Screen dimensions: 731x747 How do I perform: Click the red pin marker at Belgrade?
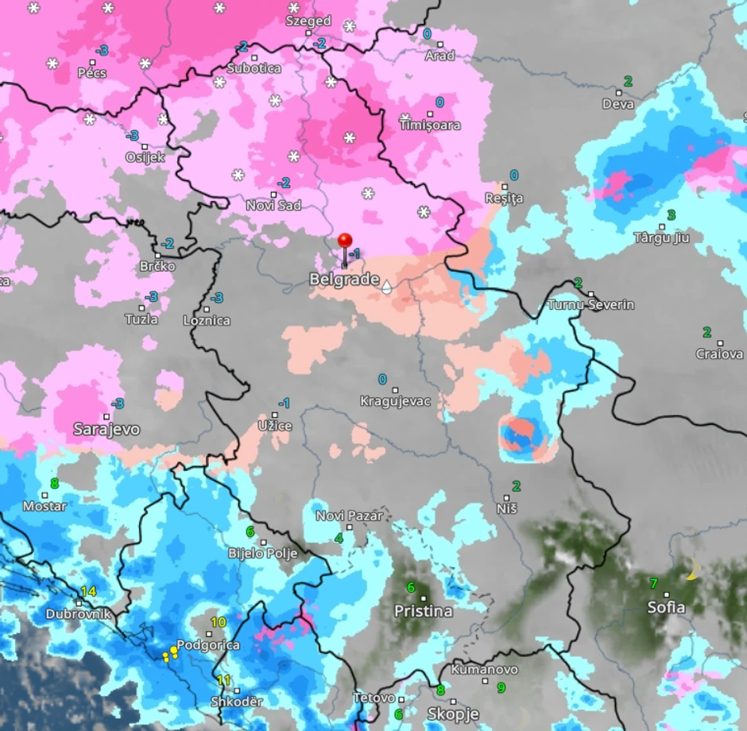click(345, 242)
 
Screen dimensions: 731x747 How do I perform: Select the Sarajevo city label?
click(106, 429)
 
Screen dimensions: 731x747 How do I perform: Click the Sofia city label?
click(666, 608)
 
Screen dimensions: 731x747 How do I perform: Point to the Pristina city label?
click(424, 611)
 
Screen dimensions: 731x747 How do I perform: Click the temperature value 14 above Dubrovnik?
click(87, 591)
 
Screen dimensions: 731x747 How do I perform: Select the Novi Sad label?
click(273, 206)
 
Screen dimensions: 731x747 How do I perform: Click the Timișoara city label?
click(429, 125)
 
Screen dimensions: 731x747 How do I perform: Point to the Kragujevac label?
click(395, 401)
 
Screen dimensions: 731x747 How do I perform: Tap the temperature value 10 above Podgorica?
click(218, 622)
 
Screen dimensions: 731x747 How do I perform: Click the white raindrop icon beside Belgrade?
click(386, 287)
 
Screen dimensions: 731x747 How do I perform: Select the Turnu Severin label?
click(590, 305)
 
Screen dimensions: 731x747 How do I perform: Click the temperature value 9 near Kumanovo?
click(501, 688)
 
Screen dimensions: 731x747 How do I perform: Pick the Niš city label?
click(505, 507)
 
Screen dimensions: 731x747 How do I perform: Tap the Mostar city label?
click(45, 506)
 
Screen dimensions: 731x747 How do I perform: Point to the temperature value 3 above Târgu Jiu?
click(671, 215)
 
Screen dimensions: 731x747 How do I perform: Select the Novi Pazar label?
click(349, 516)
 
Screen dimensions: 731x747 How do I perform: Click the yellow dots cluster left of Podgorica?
click(169, 654)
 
